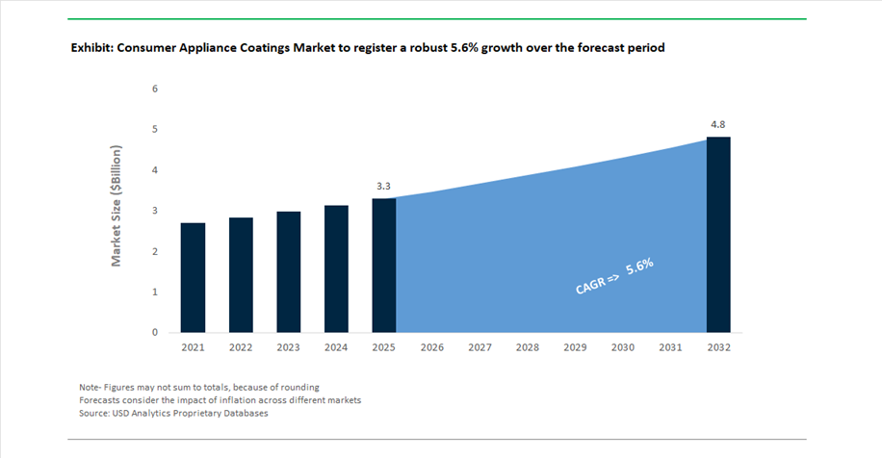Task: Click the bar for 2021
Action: [193, 278]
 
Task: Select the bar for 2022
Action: [241, 275]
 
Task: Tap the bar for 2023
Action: [289, 272]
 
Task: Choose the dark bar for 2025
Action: [384, 266]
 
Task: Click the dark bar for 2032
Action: [718, 235]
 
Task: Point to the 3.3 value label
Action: [384, 186]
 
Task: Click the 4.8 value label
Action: [718, 124]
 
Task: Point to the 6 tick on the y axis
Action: [155, 89]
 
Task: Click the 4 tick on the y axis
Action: [155, 170]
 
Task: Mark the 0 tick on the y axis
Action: [155, 333]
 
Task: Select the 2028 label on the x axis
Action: [528, 347]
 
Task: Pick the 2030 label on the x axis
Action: [623, 347]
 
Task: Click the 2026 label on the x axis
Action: [432, 347]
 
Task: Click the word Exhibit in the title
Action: [91, 47]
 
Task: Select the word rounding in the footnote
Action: [298, 387]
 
